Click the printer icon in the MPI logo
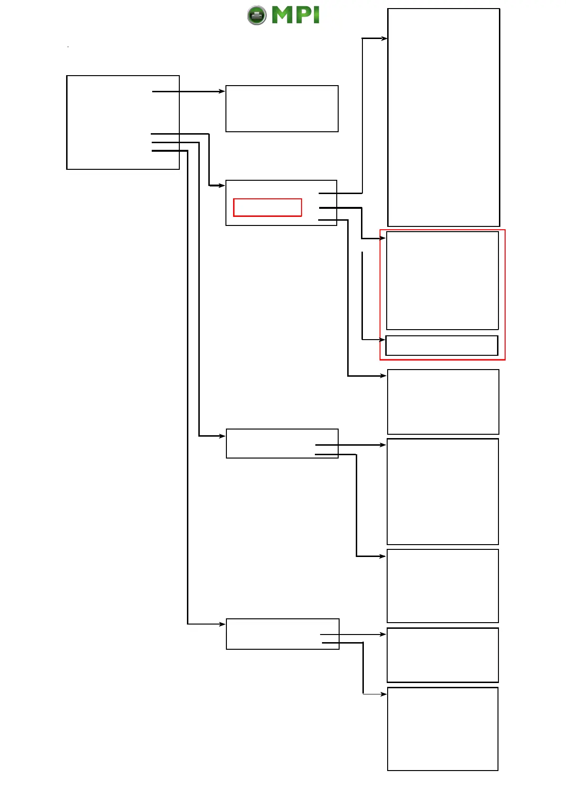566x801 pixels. point(257,15)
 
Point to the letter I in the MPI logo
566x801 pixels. point(316,15)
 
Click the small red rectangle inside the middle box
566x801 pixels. point(267,207)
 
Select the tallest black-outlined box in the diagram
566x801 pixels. point(443,117)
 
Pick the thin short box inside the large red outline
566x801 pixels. point(441,345)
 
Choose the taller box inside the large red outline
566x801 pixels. point(442,281)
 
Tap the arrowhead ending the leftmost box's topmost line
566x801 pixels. point(222,91)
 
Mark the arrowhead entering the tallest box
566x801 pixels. point(384,39)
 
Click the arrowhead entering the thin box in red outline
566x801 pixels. point(382,340)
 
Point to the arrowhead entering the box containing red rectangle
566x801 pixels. point(222,186)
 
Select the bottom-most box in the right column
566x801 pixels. point(442,729)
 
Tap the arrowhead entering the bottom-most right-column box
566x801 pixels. point(384,694)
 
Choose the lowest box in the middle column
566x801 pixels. point(283,634)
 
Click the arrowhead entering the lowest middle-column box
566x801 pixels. point(223,624)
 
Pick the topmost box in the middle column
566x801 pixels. point(282,108)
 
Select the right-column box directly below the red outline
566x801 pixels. point(443,402)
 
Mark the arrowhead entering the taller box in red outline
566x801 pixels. point(383,238)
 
